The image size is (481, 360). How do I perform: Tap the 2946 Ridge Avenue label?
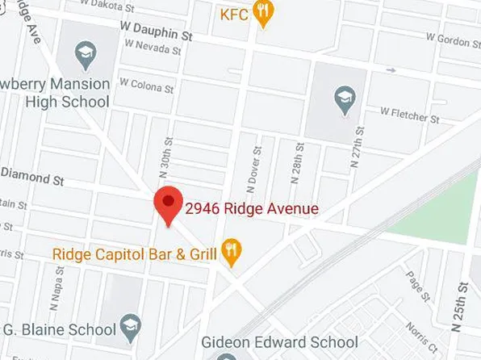tap(252, 209)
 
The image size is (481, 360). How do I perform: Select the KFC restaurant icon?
tap(262, 13)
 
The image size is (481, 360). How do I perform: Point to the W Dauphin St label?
tap(157, 31)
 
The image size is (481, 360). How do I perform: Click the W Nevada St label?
tap(153, 49)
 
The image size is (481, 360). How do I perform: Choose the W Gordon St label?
tap(453, 39)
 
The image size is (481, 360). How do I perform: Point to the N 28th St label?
tap(299, 166)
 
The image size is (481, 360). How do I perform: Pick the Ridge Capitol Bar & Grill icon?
tap(232, 253)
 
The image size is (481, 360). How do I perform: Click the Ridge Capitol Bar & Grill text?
tap(135, 254)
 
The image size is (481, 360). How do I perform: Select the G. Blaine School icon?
tap(129, 329)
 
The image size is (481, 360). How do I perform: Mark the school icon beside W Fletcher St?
tap(345, 100)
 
